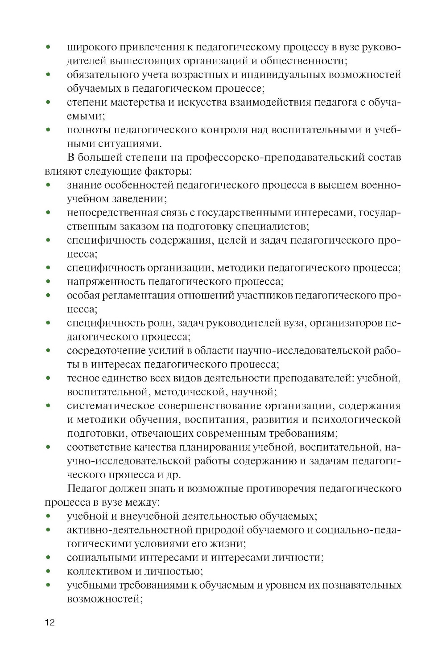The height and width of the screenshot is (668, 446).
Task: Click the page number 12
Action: (x=50, y=623)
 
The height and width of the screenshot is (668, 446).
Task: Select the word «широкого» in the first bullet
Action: (x=91, y=47)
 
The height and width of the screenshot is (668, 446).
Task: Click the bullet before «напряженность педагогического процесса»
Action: (x=48, y=282)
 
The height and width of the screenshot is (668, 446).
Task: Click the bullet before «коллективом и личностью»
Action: (x=48, y=571)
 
